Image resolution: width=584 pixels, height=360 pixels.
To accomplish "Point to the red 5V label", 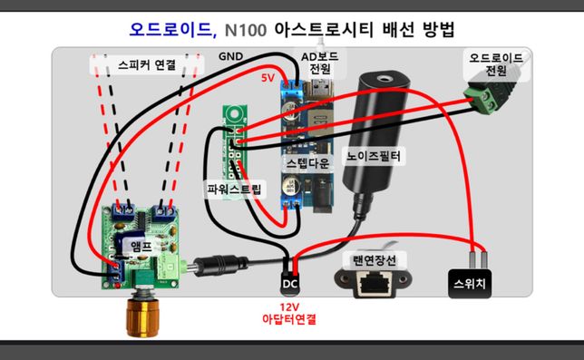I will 268,77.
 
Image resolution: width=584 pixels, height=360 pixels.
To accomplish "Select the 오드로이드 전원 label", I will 495,63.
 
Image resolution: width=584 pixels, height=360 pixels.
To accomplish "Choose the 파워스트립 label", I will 233,190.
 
